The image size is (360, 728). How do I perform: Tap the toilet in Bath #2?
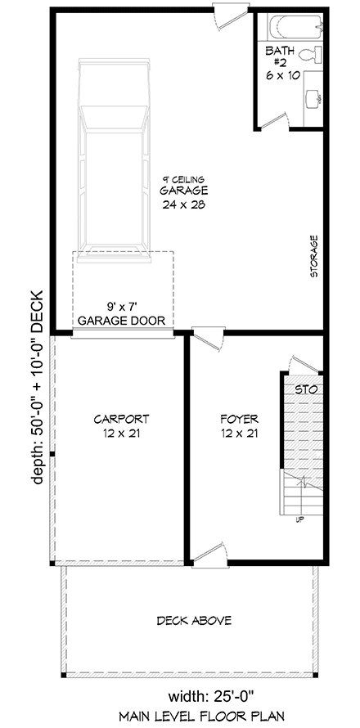pos(309,57)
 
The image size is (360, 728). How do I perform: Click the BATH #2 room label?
pos(281,62)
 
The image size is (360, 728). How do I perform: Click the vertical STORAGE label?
pos(313,257)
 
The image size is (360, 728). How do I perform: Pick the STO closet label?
pos(306,389)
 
